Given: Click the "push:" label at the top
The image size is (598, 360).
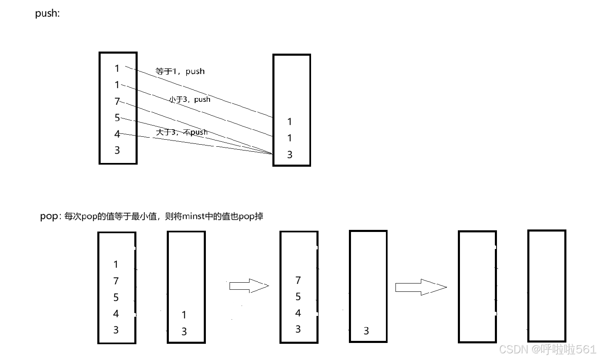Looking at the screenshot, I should pyautogui.click(x=47, y=13).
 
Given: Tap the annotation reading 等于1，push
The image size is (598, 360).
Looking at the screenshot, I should pyautogui.click(x=180, y=72).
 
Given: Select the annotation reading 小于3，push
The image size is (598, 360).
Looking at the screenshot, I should pyautogui.click(x=189, y=99).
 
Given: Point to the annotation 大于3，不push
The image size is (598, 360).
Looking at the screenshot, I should pyautogui.click(x=181, y=132).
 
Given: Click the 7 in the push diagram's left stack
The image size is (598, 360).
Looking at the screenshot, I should pyautogui.click(x=117, y=101).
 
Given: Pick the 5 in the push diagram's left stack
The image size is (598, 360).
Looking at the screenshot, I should pyautogui.click(x=117, y=118).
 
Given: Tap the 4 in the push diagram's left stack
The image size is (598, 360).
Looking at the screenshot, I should pyautogui.click(x=117, y=134).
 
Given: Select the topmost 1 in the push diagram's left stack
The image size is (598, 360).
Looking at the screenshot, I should pyautogui.click(x=117, y=69).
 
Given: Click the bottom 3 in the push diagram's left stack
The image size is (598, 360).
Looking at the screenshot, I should pyautogui.click(x=117, y=150).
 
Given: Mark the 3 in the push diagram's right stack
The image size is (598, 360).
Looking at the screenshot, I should pyautogui.click(x=290, y=155).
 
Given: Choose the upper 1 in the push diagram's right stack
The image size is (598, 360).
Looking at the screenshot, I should pyautogui.click(x=290, y=122).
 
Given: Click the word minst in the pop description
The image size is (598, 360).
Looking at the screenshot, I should pyautogui.click(x=194, y=216).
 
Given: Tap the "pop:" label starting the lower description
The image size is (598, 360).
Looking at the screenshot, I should pyautogui.click(x=50, y=216).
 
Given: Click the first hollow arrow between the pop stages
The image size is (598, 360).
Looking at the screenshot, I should pyautogui.click(x=249, y=286).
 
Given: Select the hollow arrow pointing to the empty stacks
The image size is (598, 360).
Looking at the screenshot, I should pyautogui.click(x=420, y=287).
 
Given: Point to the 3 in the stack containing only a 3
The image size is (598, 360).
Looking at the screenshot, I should pyautogui.click(x=366, y=331).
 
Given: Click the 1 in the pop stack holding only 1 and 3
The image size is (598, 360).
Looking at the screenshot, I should pyautogui.click(x=184, y=315).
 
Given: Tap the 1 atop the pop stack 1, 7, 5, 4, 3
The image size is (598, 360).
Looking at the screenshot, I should pyautogui.click(x=116, y=264).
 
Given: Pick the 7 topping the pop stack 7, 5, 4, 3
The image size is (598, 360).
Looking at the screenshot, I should pyautogui.click(x=298, y=281).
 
